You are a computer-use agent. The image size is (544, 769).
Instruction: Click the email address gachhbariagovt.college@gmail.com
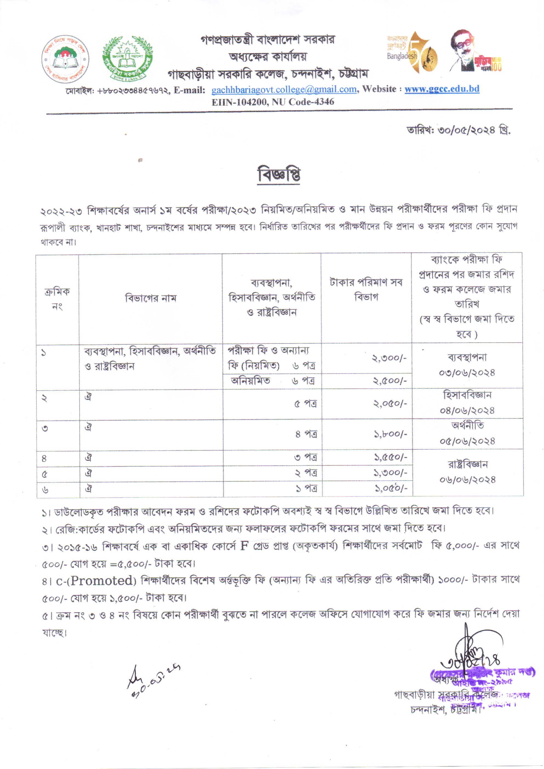284,90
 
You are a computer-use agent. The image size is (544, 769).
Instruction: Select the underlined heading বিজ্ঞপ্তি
279,175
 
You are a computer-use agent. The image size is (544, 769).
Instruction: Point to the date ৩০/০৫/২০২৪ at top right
473,130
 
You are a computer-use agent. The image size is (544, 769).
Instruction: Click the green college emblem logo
127,59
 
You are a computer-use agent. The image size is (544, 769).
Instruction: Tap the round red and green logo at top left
65,59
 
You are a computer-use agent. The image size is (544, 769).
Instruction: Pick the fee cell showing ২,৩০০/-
389,358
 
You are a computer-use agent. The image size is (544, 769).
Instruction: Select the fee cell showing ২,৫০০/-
389,381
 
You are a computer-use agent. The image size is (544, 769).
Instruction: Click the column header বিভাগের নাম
151,298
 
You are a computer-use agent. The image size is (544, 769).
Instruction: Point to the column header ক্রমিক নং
57,299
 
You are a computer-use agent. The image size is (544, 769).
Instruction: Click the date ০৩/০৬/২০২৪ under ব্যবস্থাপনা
467,373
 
